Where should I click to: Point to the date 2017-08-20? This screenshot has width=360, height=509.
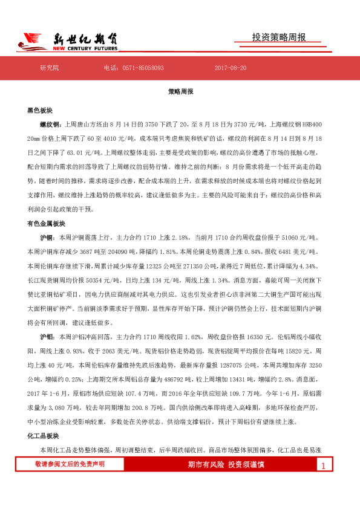coord(230,68)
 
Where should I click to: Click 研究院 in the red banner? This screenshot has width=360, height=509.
coord(49,68)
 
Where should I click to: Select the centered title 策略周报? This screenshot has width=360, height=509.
coord(180,92)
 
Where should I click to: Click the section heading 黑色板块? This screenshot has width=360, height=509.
coord(39,111)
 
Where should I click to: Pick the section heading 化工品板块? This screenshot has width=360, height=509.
coord(42,435)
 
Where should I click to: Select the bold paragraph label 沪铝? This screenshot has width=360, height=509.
coord(46,334)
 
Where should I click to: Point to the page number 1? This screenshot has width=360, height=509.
coord(323,465)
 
